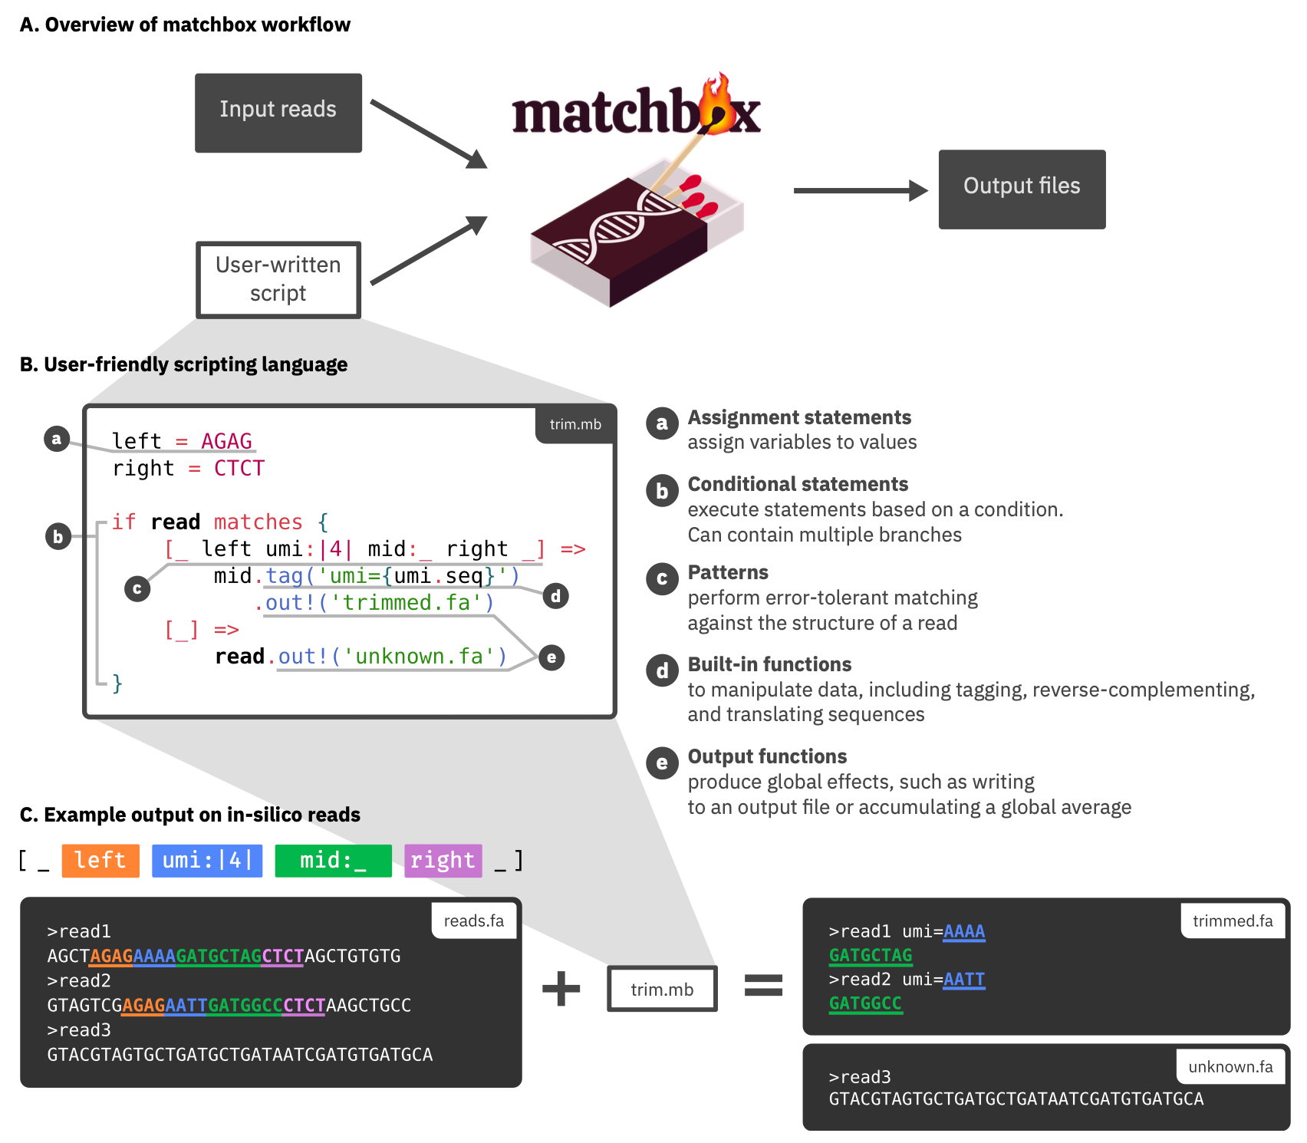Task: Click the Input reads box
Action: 278,113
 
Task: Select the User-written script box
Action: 278,279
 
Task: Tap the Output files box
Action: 1022,189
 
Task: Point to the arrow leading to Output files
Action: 859,190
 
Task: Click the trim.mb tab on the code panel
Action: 575,424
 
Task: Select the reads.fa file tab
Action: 473,921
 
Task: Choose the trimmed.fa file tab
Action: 1232,921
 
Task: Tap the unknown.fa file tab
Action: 1230,1066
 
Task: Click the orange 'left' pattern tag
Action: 100,860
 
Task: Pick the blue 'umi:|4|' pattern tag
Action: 207,860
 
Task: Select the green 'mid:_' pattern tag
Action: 333,860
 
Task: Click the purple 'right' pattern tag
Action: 443,860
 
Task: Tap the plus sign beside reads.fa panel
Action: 561,988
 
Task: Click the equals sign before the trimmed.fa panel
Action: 763,985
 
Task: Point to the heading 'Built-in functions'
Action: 769,664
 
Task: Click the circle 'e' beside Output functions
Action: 662,763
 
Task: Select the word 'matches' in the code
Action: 258,522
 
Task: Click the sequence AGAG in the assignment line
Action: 226,441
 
